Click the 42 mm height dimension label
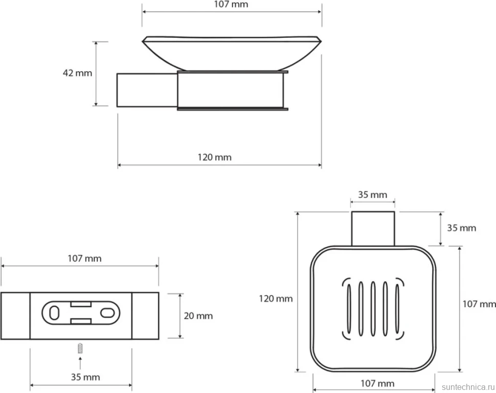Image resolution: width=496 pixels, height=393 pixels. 78,73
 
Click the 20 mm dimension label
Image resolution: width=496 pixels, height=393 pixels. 198,316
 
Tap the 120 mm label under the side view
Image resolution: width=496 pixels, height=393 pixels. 215,158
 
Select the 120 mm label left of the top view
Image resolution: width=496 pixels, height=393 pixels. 276,299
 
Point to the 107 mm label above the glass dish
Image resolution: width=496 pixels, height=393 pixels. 231,5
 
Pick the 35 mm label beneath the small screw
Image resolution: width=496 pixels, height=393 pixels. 85,377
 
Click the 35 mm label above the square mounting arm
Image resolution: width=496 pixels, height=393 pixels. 373,195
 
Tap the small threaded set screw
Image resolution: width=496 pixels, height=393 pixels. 80,348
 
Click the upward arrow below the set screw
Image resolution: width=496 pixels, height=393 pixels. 80,363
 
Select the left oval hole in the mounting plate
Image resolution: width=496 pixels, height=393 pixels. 54,313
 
